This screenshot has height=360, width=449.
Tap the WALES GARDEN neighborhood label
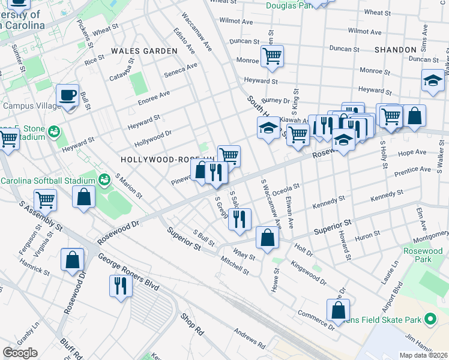click(x=144, y=51)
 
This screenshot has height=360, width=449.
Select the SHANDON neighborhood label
click(x=394, y=49)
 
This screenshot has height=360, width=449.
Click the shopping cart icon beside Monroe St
click(x=273, y=57)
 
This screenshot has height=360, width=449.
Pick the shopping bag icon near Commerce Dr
click(x=338, y=310)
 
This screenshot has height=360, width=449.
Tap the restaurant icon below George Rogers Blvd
click(x=121, y=285)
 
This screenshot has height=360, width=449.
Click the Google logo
click(x=20, y=352)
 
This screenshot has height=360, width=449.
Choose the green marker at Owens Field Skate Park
click(x=430, y=320)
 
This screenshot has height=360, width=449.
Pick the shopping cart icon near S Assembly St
click(x=45, y=200)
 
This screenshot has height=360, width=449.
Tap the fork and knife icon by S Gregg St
click(x=240, y=219)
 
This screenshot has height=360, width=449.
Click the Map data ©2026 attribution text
click(x=423, y=355)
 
